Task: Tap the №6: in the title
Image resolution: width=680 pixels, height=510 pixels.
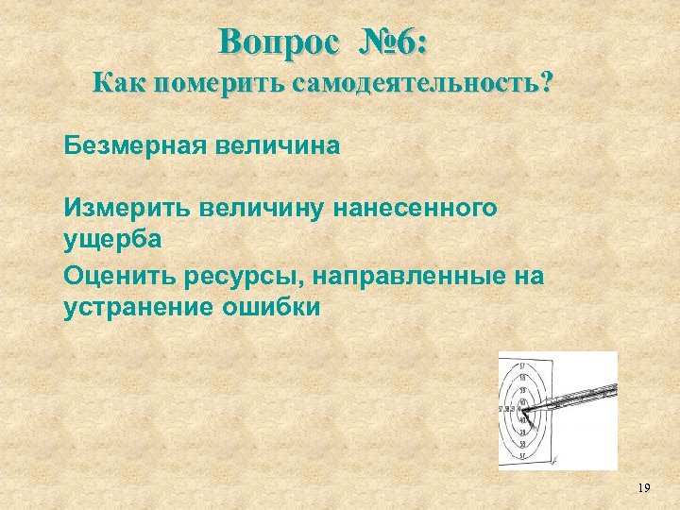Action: [x=394, y=42]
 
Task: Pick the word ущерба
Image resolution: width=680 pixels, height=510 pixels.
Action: [x=113, y=237]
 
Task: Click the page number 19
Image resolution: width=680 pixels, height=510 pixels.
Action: [x=644, y=488]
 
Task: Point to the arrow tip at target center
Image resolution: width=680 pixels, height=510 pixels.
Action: [x=525, y=409]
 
